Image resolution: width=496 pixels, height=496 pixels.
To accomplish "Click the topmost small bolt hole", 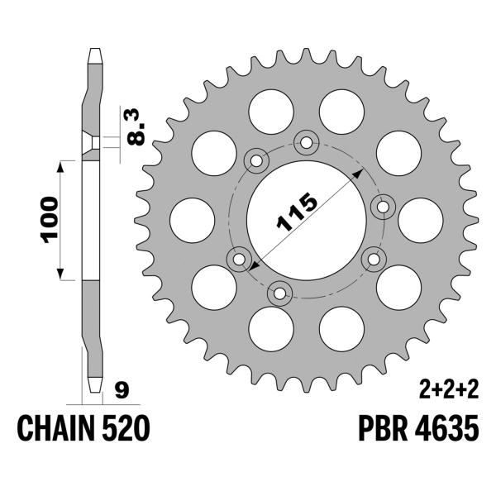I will [307, 143].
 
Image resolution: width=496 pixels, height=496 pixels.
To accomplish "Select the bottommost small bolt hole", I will [279, 291].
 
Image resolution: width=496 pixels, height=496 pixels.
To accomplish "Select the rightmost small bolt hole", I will [383, 204].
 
